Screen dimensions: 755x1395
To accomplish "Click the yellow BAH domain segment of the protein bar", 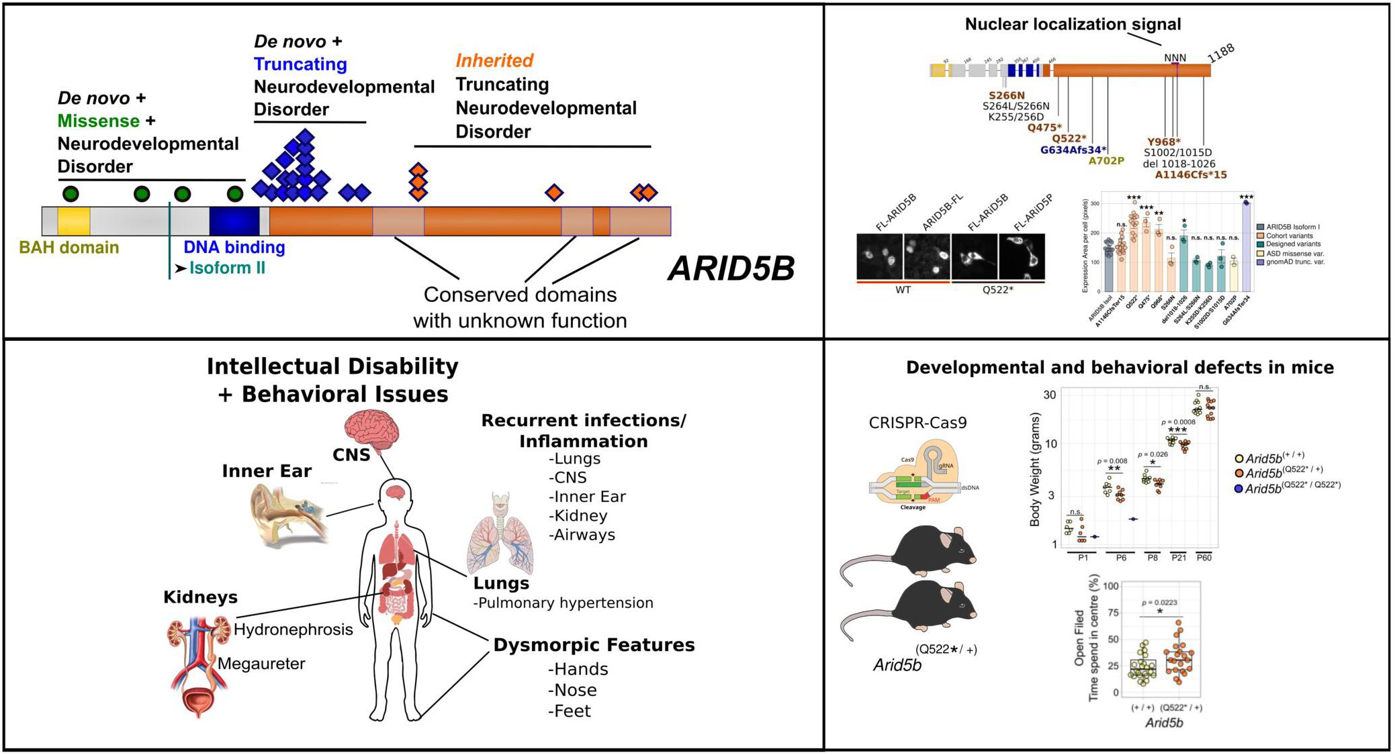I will click(x=73, y=221).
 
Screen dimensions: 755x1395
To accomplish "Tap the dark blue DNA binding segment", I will click(x=234, y=221).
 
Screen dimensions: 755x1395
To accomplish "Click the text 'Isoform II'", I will click(x=227, y=268).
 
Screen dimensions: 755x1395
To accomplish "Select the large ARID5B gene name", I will click(x=731, y=269).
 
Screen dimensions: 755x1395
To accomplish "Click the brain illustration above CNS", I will click(x=372, y=427).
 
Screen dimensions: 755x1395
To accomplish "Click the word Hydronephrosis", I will click(x=294, y=630).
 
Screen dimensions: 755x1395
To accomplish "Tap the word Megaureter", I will click(x=261, y=664).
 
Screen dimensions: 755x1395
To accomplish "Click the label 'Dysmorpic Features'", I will click(x=594, y=645).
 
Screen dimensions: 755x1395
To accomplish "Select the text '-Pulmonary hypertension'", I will click(x=563, y=603).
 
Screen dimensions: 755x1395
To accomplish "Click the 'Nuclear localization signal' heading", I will click(x=1073, y=24).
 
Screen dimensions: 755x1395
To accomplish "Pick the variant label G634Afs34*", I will click(x=1073, y=150).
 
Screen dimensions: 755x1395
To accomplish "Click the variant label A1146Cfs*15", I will click(x=1190, y=174).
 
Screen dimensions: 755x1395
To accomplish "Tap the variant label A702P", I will click(x=1106, y=160).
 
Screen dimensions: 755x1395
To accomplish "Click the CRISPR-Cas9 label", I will click(x=917, y=423).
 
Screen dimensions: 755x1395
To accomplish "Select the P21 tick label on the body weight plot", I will click(x=1179, y=558).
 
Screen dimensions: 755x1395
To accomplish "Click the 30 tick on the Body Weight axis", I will click(x=1049, y=395).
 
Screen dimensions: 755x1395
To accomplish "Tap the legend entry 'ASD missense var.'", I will click(x=1294, y=254).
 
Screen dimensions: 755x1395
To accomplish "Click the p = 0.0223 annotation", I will click(x=1159, y=603).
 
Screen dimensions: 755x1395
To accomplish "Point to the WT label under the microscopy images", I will click(x=903, y=290).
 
